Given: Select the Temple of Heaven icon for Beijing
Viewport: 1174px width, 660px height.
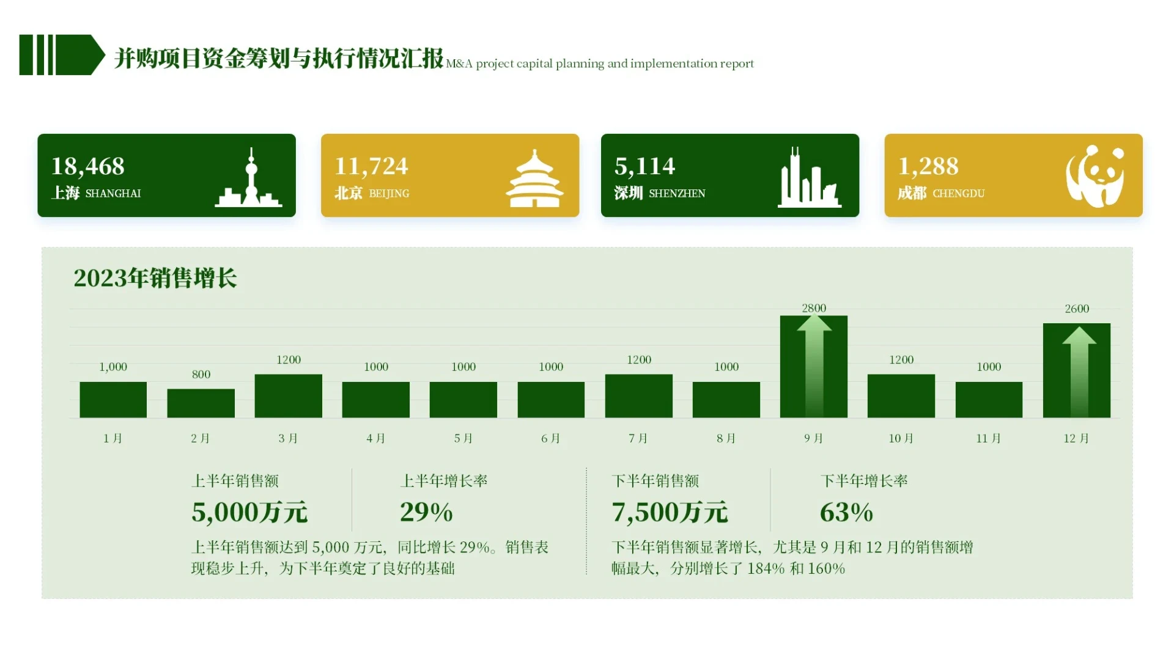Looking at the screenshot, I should pyautogui.click(x=534, y=178).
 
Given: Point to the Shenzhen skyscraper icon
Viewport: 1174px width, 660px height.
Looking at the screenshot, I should pyautogui.click(x=808, y=178).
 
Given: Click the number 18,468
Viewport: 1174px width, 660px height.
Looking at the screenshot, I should pyautogui.click(x=87, y=166).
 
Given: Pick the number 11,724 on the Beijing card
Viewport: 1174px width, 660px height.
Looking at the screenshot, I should pyautogui.click(x=371, y=166).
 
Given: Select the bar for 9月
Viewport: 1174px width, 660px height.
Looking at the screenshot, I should pyautogui.click(x=813, y=367).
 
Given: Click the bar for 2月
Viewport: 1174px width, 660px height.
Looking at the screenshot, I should pyautogui.click(x=201, y=403).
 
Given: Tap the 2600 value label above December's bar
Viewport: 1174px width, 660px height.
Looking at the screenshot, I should pyautogui.click(x=1077, y=309).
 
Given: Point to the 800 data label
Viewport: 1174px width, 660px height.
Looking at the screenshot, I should pyautogui.click(x=201, y=375).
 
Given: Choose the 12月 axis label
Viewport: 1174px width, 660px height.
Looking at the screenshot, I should pyautogui.click(x=1076, y=438).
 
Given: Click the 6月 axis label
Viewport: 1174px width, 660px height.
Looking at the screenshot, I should pyautogui.click(x=550, y=438).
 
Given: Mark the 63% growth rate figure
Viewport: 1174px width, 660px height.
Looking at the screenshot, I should pyautogui.click(x=846, y=512).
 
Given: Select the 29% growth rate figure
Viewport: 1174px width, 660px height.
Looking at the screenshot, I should pyautogui.click(x=426, y=512).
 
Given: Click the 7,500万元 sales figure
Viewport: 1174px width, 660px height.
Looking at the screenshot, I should pyautogui.click(x=670, y=512).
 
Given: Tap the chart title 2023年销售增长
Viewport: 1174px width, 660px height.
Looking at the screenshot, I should pyautogui.click(x=155, y=278).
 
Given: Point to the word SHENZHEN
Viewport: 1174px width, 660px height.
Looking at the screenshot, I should pyautogui.click(x=677, y=194).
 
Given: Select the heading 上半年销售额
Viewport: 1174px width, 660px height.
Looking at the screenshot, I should pyautogui.click(x=235, y=481).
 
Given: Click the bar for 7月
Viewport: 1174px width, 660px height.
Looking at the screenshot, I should pyautogui.click(x=638, y=396).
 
